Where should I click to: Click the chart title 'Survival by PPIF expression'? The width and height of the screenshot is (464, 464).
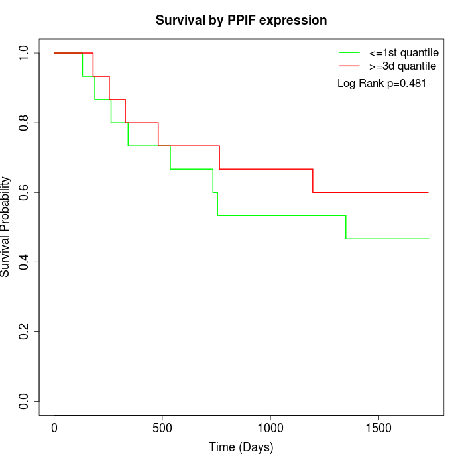click(x=241, y=21)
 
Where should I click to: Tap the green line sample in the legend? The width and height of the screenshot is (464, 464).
click(x=349, y=52)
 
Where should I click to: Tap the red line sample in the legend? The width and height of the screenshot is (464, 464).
click(x=349, y=66)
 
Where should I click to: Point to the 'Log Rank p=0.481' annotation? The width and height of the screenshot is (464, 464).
click(x=382, y=84)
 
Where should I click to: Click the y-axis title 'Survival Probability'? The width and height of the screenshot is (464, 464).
click(x=6, y=227)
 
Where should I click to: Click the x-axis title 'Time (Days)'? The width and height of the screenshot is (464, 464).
click(x=241, y=447)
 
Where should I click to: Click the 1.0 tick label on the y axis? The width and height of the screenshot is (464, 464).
click(x=25, y=53)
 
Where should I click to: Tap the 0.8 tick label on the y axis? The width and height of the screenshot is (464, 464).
click(x=25, y=123)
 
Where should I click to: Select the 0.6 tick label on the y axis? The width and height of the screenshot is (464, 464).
click(x=25, y=192)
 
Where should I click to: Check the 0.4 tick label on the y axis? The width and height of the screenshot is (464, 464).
click(x=25, y=262)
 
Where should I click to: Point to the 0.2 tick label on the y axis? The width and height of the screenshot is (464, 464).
click(x=25, y=331)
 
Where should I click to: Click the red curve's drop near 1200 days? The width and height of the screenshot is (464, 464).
click(x=313, y=181)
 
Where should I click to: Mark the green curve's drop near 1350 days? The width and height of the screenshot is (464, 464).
click(x=346, y=227)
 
